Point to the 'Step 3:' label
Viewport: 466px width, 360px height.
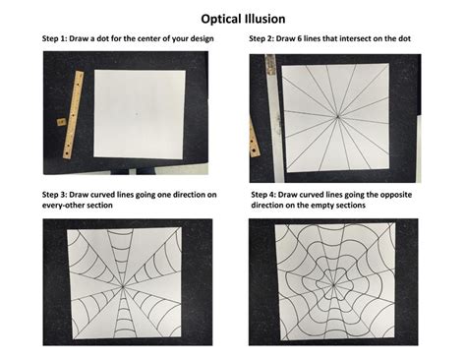tap(58, 196)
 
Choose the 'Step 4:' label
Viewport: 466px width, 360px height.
tap(268, 196)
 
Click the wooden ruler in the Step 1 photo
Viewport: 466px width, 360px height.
tap(70, 115)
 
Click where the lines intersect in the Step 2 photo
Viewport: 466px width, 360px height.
tap(337, 116)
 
